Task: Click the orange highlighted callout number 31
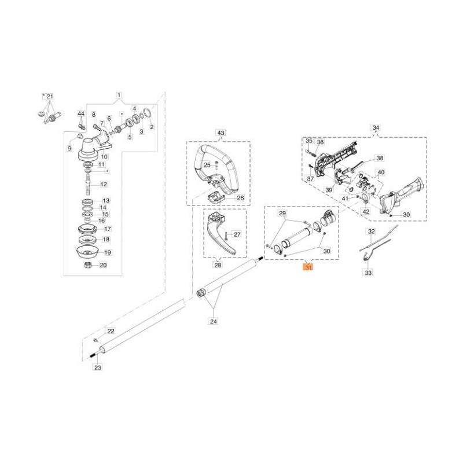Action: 308,267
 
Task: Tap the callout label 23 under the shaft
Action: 98,368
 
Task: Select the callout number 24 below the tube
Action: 214,321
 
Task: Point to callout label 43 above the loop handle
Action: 221,133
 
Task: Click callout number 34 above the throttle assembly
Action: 376,128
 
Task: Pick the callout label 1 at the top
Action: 119,95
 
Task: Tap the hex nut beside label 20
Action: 87,264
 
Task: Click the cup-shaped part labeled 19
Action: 87,252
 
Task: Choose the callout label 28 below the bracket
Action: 218,265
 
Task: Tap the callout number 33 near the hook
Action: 368,273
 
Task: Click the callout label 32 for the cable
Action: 371,231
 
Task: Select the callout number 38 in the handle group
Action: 380,158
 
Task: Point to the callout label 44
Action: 81,113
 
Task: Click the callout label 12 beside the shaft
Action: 104,184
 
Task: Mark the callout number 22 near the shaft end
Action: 111,331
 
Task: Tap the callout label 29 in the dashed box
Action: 282,213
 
